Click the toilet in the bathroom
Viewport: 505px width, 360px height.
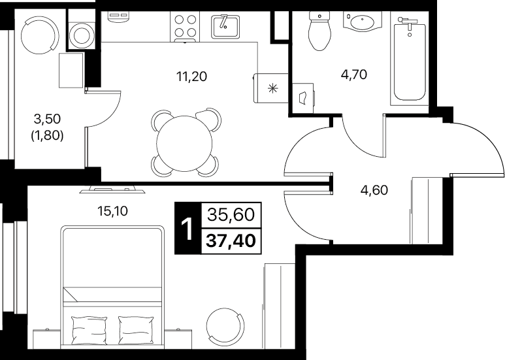click(x=320, y=31)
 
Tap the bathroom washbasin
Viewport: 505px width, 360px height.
click(x=363, y=22)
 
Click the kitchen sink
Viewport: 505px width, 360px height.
click(x=225, y=26)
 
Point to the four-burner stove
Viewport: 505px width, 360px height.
click(x=185, y=26)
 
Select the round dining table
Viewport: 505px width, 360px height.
click(x=184, y=143)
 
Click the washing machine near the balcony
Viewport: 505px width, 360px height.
click(x=82, y=35)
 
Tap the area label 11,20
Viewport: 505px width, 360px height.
click(x=191, y=76)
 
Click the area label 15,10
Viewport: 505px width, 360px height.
click(x=112, y=211)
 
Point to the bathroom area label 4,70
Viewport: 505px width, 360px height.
click(x=353, y=74)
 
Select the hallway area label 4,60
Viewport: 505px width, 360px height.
click(x=374, y=190)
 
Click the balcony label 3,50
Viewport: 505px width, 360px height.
click(x=47, y=119)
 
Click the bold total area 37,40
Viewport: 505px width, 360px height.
click(x=231, y=240)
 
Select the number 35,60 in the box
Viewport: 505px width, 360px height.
click(x=231, y=214)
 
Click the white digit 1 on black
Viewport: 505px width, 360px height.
click(x=187, y=229)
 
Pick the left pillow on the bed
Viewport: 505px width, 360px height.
click(x=89, y=330)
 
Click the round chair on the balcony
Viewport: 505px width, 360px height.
click(x=39, y=34)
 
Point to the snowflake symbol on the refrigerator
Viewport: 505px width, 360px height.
click(x=273, y=88)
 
